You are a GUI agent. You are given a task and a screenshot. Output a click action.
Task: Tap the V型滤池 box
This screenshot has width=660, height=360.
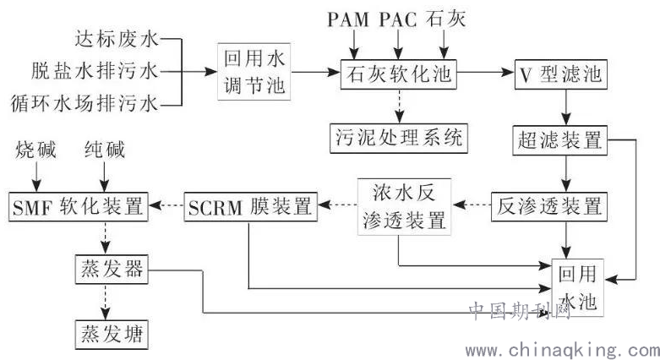coord(559,74)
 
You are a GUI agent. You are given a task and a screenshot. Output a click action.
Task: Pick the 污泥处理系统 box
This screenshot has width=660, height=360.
coord(397,135)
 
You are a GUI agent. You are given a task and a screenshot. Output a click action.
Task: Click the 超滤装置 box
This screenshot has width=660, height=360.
coord(559,138)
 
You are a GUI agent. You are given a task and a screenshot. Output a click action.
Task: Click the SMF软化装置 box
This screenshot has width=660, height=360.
coord(78,205)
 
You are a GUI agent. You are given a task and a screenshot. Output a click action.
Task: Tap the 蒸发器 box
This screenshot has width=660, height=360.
coord(106,271)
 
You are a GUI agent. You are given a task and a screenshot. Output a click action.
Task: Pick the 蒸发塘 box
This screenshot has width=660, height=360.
coord(106,332)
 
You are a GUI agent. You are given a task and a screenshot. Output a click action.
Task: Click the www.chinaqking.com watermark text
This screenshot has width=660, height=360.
coord(561,349)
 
